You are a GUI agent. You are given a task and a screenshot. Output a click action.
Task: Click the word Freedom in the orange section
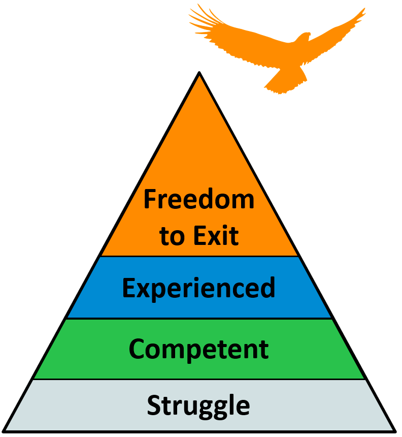point(199,199)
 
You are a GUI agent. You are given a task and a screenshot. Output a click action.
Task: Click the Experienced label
point(198,289)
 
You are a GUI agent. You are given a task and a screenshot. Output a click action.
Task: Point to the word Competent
point(198,349)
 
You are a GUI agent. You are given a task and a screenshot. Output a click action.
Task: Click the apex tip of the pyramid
point(199,74)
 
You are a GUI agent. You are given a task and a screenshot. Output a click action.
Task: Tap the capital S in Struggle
point(154,405)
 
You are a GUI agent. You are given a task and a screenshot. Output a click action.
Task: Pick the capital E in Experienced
point(128,288)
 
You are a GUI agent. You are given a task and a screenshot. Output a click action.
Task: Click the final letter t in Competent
point(263,350)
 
